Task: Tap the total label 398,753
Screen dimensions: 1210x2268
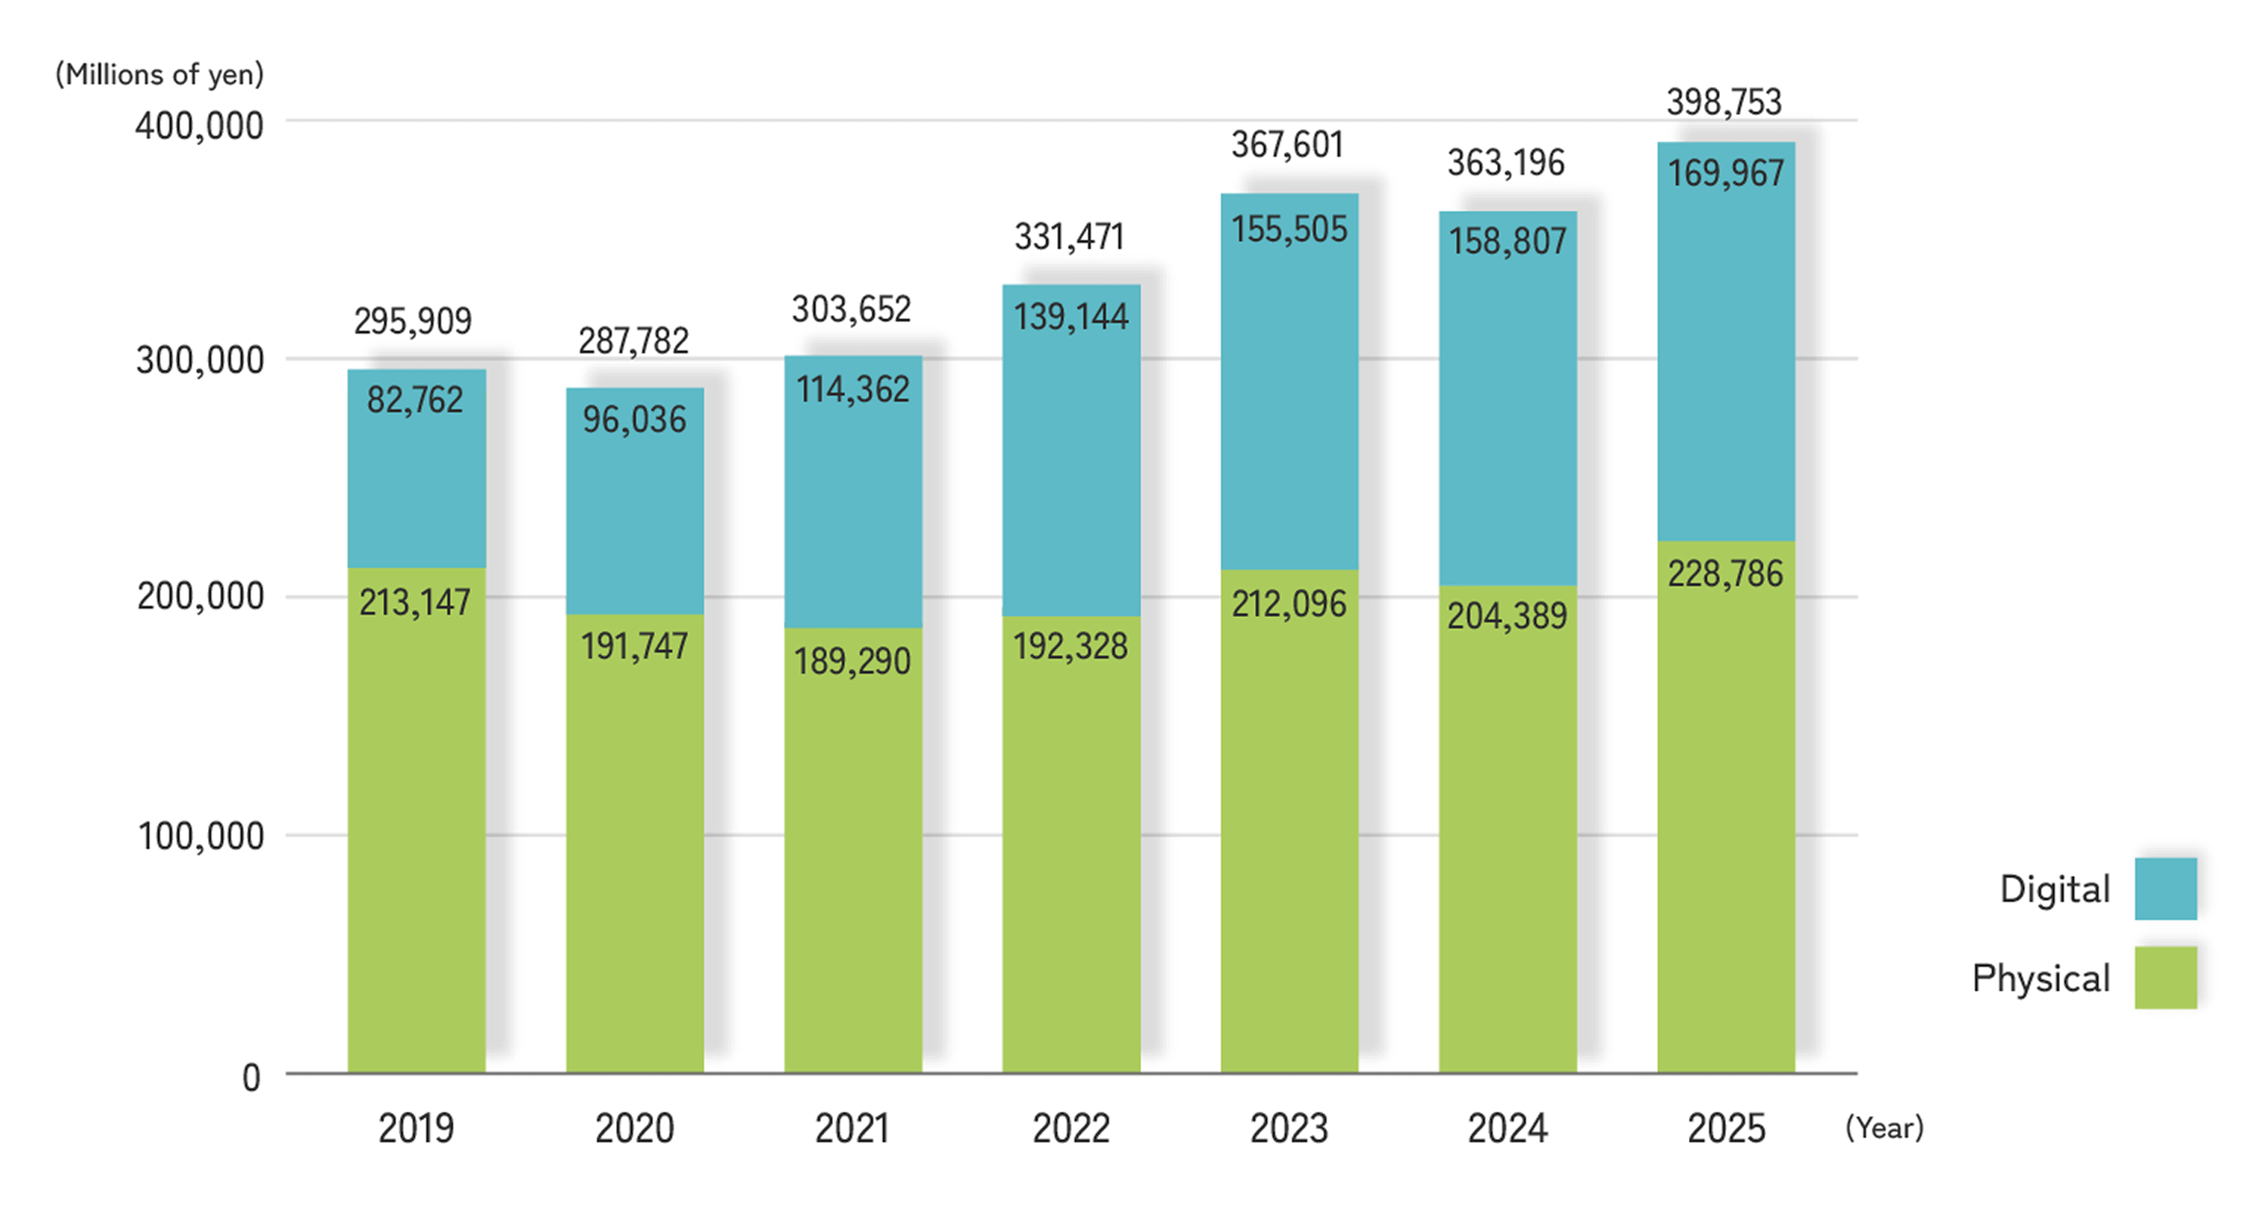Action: pos(1724,102)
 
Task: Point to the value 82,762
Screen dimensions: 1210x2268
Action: pos(415,400)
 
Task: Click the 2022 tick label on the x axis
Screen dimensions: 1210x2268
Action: pos(1070,1128)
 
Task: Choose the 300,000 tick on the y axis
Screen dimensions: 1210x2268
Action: pos(200,360)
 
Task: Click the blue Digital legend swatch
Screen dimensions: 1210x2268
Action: pos(2165,889)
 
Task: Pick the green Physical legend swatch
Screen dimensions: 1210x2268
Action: pos(2165,978)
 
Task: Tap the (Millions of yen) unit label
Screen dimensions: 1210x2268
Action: pos(160,75)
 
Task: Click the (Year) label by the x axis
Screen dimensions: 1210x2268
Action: pos(1884,1128)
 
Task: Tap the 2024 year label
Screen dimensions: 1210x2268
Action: pos(1507,1128)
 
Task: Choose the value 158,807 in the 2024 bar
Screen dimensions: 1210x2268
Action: pos(1507,241)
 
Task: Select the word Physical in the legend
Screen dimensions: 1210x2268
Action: pos(2041,979)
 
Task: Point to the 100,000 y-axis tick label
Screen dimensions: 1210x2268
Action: pos(201,836)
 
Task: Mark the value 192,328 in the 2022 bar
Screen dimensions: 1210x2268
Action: pos(1070,647)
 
